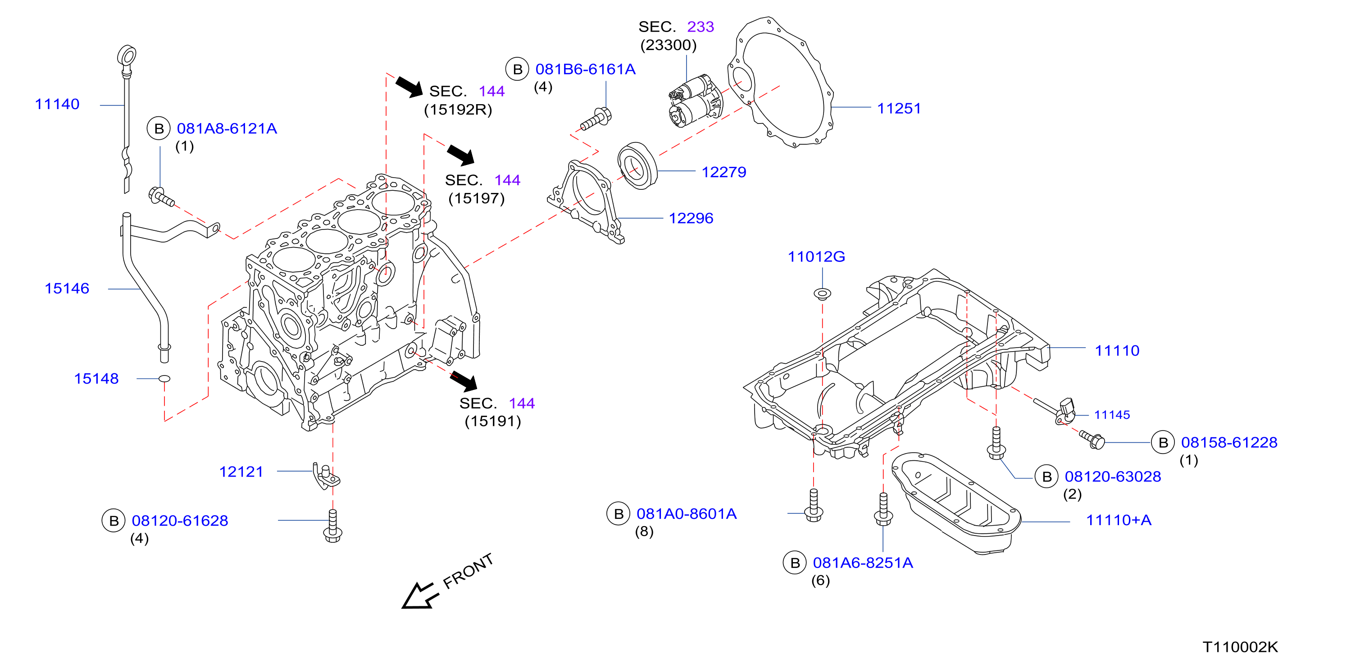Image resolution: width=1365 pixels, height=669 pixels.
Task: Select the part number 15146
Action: coord(67,289)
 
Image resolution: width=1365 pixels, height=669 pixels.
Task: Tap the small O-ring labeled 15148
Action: coord(165,379)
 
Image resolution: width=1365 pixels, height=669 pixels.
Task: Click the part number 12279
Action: coord(724,172)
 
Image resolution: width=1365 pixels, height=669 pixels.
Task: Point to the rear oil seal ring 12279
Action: coord(637,165)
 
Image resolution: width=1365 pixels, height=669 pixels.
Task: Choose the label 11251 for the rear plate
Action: coord(899,108)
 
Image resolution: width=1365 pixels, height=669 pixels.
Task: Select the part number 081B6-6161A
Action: coord(586,69)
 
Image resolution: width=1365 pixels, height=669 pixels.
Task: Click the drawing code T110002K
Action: coord(1241,647)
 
